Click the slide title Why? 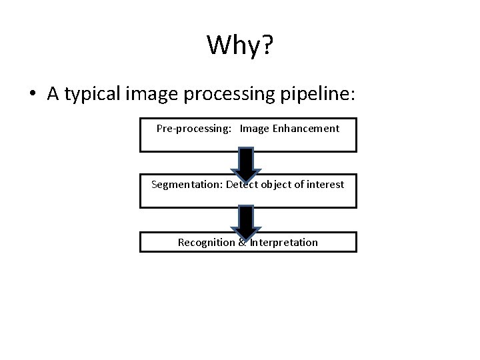(240, 45)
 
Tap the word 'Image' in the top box (255, 128)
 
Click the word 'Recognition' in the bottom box (206, 242)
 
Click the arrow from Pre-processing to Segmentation (246, 163)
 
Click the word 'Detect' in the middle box (242, 184)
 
